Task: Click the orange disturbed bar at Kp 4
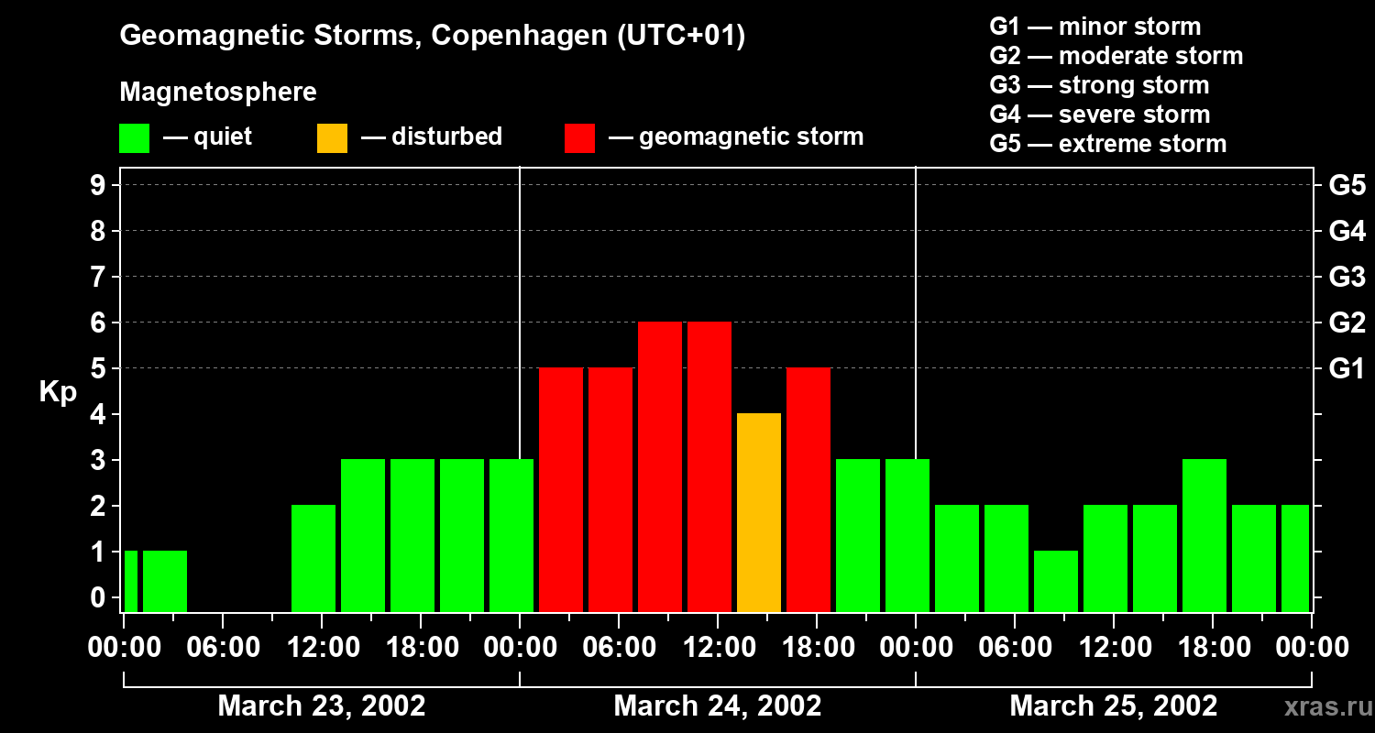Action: (x=759, y=512)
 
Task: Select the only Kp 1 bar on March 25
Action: (x=1056, y=581)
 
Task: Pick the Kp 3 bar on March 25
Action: (x=1204, y=535)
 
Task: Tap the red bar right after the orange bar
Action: (x=808, y=489)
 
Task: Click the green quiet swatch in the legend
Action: (x=134, y=137)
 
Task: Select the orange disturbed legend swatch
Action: (x=332, y=137)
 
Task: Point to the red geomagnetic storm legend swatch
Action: (x=579, y=137)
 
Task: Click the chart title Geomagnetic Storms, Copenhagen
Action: (x=432, y=36)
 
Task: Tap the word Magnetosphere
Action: (x=218, y=93)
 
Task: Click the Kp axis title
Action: (x=58, y=392)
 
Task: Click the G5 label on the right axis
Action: (x=1347, y=185)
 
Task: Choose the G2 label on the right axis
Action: (x=1347, y=323)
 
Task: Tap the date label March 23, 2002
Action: (x=321, y=706)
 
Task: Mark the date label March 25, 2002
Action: (x=1113, y=706)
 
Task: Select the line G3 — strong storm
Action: (x=1099, y=85)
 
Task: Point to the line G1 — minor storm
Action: (x=1094, y=27)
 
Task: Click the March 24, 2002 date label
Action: (x=717, y=706)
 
